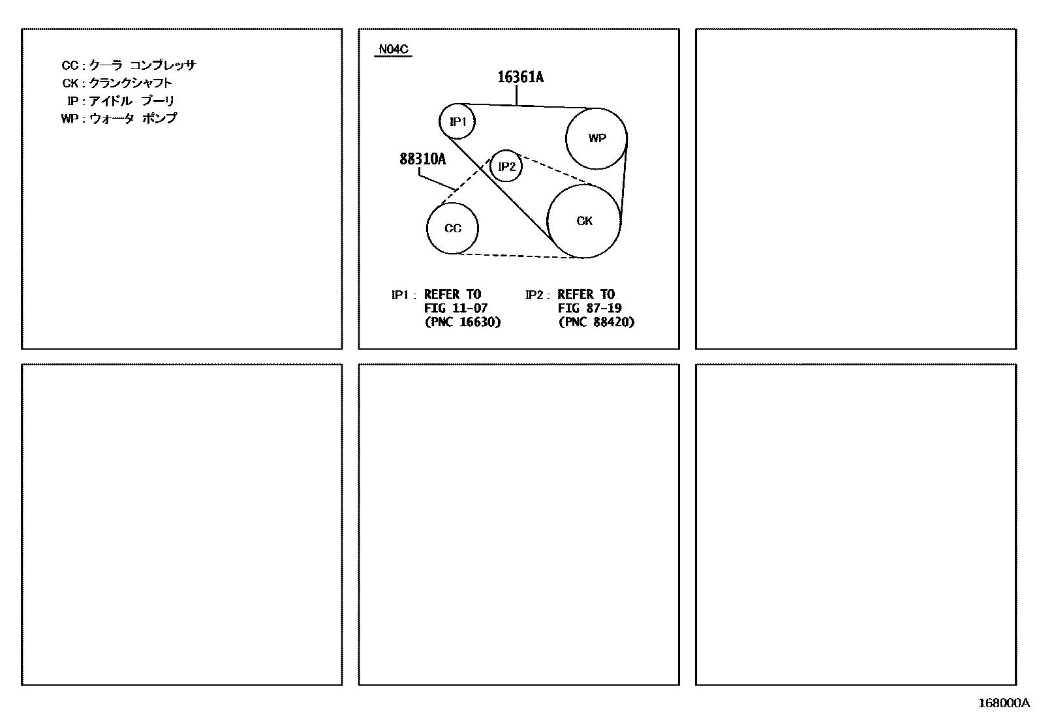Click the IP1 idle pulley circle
pyautogui.click(x=457, y=121)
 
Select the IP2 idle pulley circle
pyautogui.click(x=506, y=166)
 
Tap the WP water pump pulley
pyautogui.click(x=596, y=138)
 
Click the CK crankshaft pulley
pyautogui.click(x=584, y=221)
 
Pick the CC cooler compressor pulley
pyautogui.click(x=452, y=228)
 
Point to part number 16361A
pyautogui.click(x=520, y=78)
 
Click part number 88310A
pyautogui.click(x=422, y=159)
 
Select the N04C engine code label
pyautogui.click(x=394, y=49)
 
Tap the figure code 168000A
pyautogui.click(x=1002, y=703)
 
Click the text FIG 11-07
pyautogui.click(x=456, y=308)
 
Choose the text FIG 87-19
pyautogui.click(x=589, y=308)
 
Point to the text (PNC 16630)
pyautogui.click(x=462, y=322)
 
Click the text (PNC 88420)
pyautogui.click(x=596, y=322)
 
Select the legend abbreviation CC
pyautogui.click(x=69, y=65)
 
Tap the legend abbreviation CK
pyautogui.click(x=70, y=83)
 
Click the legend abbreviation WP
pyautogui.click(x=69, y=119)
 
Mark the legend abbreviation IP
pyautogui.click(x=72, y=101)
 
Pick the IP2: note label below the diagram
pyautogui.click(x=537, y=295)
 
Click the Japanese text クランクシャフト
pyautogui.click(x=131, y=83)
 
